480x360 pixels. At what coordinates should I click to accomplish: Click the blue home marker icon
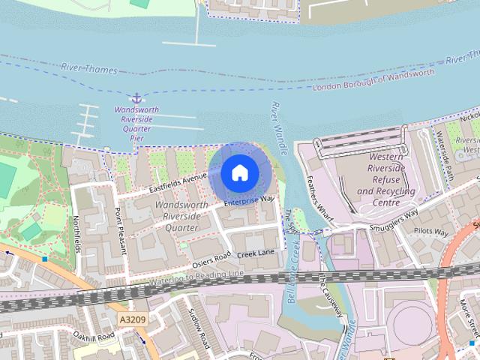pyautogui.click(x=238, y=172)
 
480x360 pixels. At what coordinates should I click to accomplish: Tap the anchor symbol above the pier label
pyautogui.click(x=136, y=98)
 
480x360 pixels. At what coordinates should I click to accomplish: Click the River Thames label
pyautogui.click(x=90, y=69)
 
